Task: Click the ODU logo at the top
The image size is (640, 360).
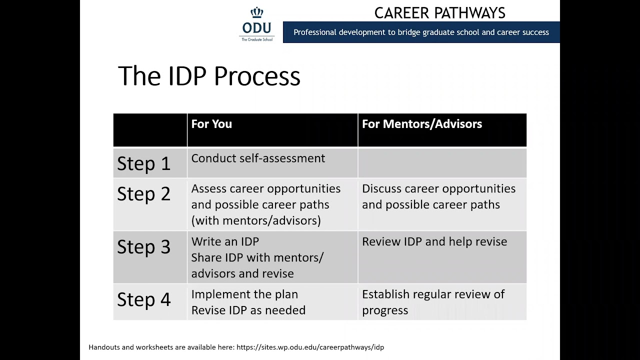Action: pyautogui.click(x=257, y=25)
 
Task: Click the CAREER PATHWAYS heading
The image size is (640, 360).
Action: pyautogui.click(x=439, y=12)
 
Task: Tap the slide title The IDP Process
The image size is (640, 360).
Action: pyautogui.click(x=209, y=76)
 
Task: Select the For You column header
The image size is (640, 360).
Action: pyautogui.click(x=211, y=124)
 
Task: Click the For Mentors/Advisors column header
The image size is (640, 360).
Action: pyautogui.click(x=421, y=124)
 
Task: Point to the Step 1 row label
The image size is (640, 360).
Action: pyautogui.click(x=144, y=164)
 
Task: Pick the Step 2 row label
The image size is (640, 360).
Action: pyautogui.click(x=144, y=194)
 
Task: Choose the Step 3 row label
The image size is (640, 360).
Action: pyautogui.click(x=144, y=247)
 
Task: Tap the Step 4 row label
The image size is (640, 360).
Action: pyautogui.click(x=144, y=300)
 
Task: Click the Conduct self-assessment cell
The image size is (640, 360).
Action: pyautogui.click(x=258, y=158)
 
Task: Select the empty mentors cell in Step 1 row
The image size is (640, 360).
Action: pyautogui.click(x=442, y=163)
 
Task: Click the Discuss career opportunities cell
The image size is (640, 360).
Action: pyautogui.click(x=438, y=196)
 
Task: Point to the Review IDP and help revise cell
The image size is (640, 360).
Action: pyautogui.click(x=434, y=242)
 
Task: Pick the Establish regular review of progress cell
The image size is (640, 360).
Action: pyautogui.click(x=433, y=302)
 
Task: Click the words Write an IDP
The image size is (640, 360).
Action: pyautogui.click(x=225, y=242)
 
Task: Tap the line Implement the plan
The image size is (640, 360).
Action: pyautogui.click(x=244, y=294)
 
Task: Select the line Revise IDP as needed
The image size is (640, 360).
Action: pyautogui.click(x=248, y=310)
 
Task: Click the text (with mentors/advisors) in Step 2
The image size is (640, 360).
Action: pyautogui.click(x=256, y=220)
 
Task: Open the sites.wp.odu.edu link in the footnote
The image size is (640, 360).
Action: pyautogui.click(x=310, y=347)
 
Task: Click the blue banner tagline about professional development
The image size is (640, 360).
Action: pyautogui.click(x=421, y=32)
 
